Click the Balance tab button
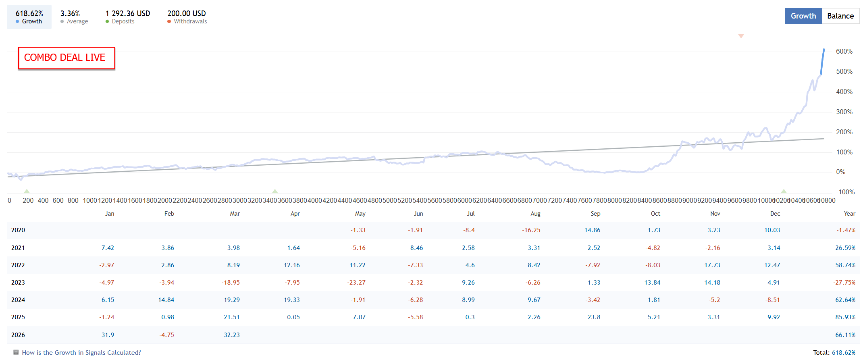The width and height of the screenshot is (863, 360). (840, 16)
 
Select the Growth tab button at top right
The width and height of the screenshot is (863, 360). (803, 16)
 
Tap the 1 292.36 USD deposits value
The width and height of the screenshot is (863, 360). (128, 14)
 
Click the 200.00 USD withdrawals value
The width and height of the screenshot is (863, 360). (187, 14)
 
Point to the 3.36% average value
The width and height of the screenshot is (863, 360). (70, 14)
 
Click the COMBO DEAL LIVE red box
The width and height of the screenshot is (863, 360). (67, 58)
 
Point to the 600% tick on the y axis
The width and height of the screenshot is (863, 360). (844, 52)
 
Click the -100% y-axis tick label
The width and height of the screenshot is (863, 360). (845, 192)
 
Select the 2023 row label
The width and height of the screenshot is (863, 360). (18, 283)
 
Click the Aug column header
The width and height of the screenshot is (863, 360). (535, 214)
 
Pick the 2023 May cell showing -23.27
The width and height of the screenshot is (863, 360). (356, 283)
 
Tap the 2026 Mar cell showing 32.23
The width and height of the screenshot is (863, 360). (232, 335)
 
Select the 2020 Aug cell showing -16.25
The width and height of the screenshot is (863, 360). (531, 230)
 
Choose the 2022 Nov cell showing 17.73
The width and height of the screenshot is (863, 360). (712, 265)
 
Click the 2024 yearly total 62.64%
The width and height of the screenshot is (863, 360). (845, 300)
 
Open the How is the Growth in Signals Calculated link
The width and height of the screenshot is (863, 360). (81, 353)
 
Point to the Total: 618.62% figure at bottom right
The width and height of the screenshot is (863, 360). (834, 353)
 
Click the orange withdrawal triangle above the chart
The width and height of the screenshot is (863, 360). (741, 36)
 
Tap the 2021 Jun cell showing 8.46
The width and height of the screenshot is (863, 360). (417, 248)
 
